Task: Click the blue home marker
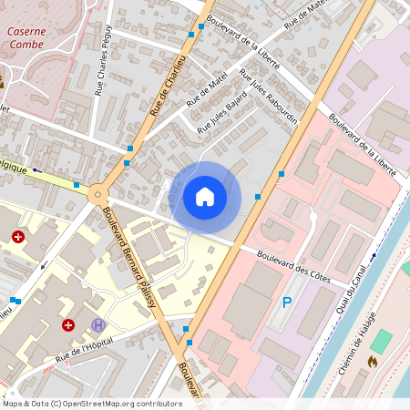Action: point(205,197)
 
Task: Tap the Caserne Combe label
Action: point(26,37)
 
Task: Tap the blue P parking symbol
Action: point(287,302)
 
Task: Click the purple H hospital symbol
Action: point(98,325)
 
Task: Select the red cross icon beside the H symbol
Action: point(68,324)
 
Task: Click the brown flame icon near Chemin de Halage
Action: point(372,361)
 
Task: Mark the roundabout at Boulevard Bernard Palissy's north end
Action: point(98,192)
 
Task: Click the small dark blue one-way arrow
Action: point(37,170)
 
